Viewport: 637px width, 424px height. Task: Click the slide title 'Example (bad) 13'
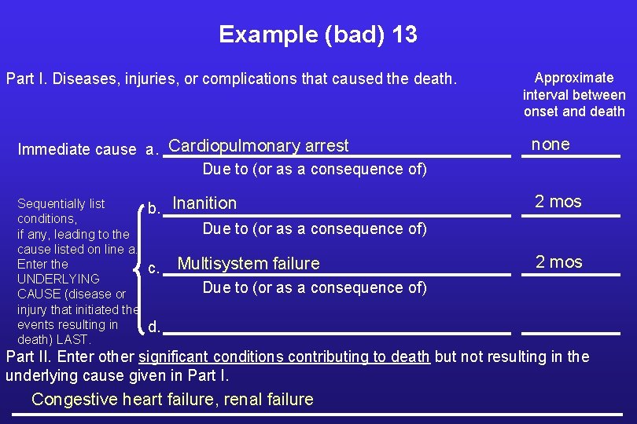[318, 35]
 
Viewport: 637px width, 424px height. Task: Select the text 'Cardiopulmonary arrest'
[258, 146]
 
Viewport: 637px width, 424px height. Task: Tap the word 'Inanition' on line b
[204, 203]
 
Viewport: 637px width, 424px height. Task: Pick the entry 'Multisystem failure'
[249, 264]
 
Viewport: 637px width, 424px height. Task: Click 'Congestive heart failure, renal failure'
[172, 400]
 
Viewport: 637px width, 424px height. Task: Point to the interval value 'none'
[550, 144]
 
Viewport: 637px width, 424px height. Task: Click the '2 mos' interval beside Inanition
[558, 202]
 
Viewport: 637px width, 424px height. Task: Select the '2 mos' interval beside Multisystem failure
[558, 262]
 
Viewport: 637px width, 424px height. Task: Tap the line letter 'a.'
[152, 150]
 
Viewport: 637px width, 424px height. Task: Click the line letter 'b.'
[155, 210]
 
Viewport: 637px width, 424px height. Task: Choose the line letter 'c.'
[154, 269]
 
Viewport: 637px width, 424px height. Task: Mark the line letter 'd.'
[155, 327]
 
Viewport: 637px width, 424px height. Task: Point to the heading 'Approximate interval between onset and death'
[574, 94]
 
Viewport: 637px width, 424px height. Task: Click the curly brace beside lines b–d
[141, 267]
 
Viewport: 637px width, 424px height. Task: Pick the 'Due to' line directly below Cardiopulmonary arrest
[315, 169]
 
